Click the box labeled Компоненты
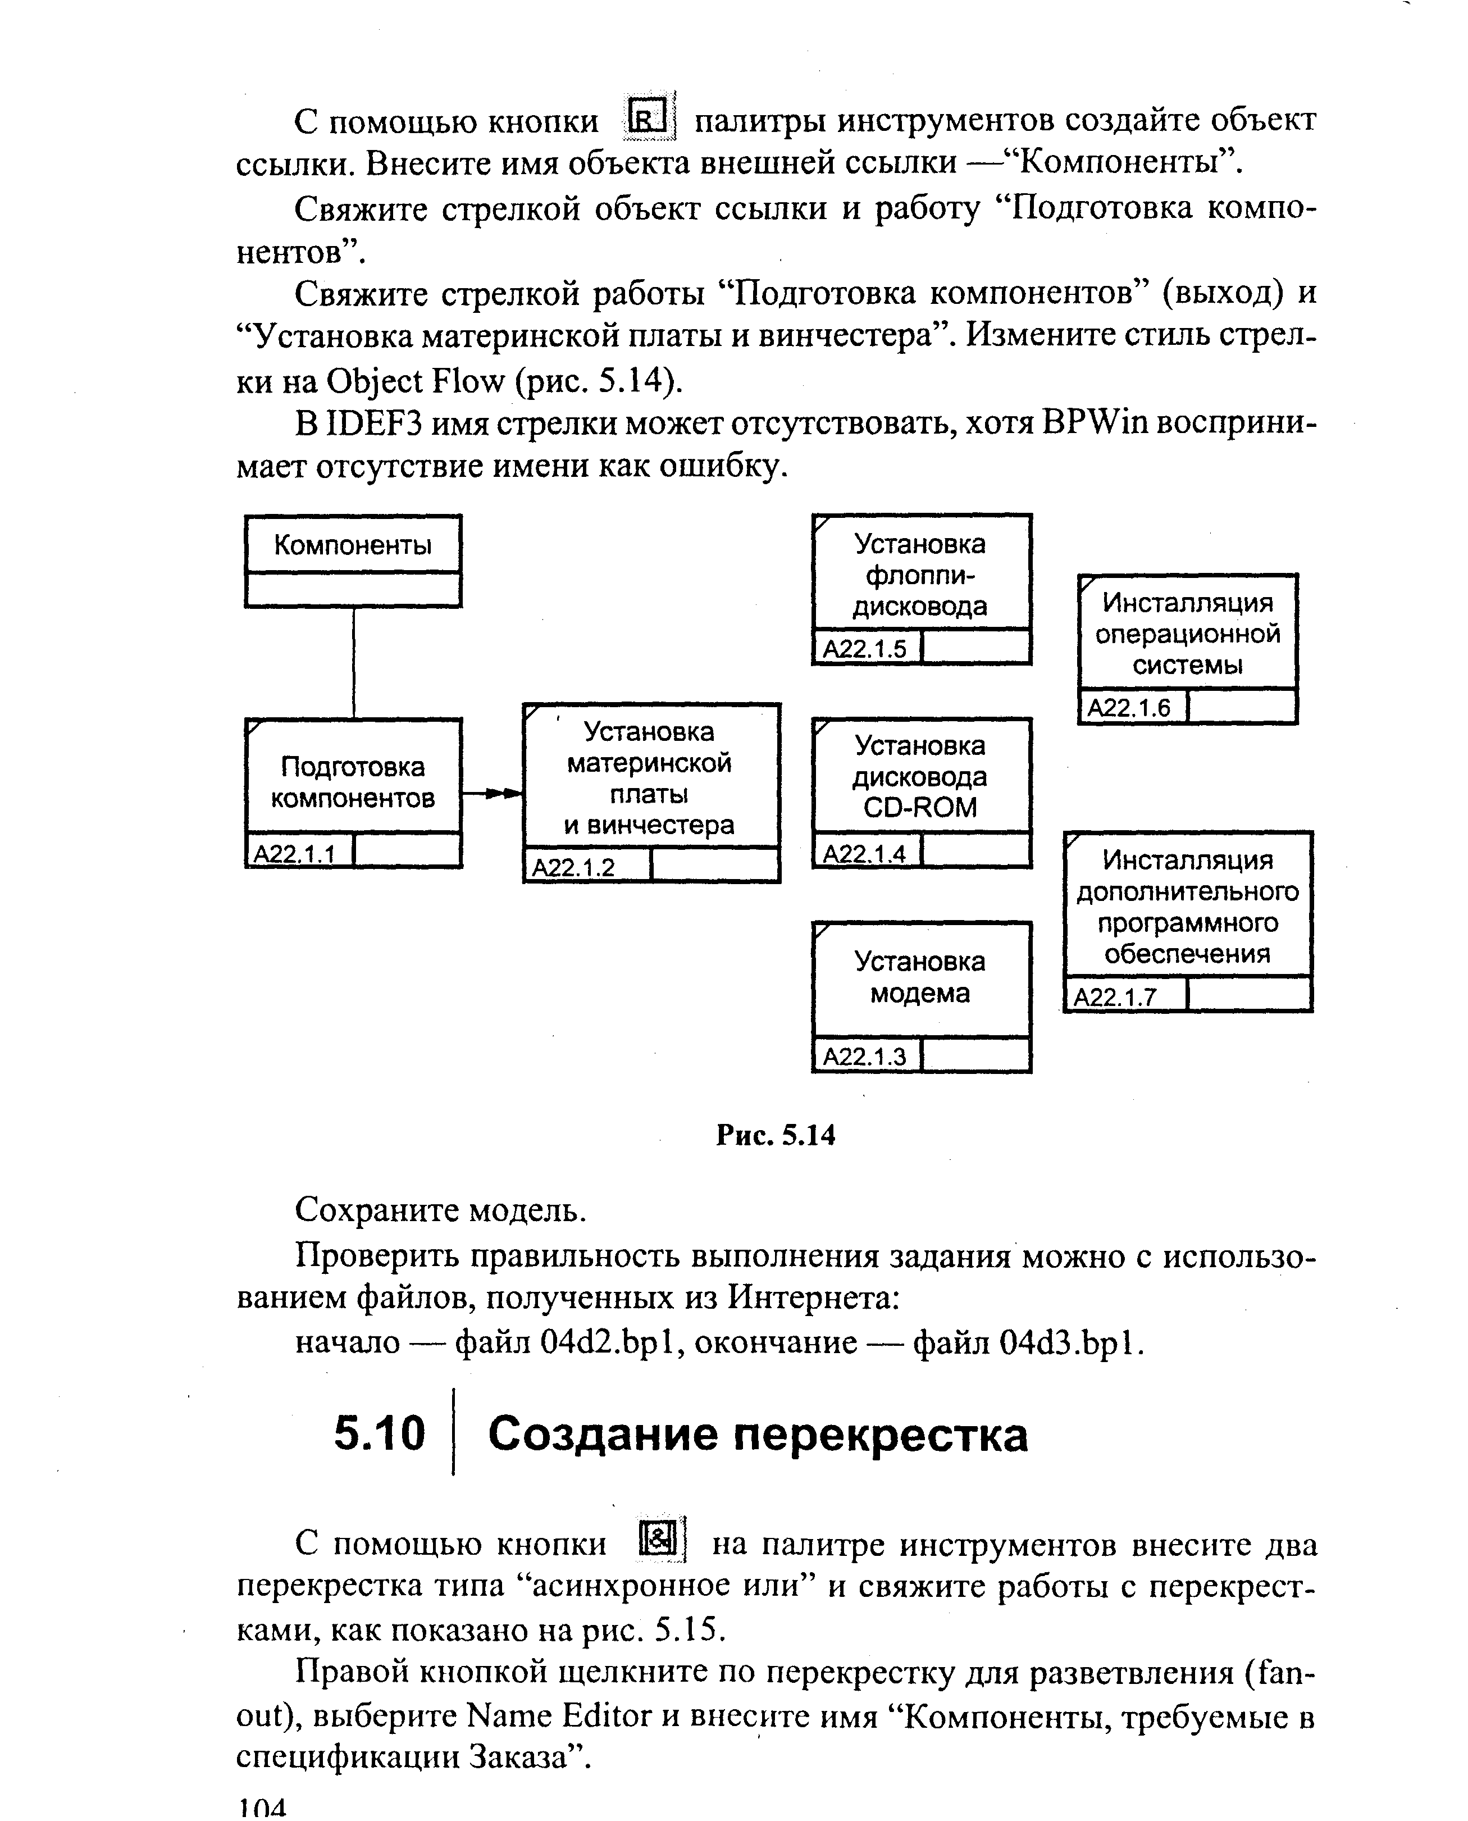(353, 545)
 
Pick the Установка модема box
(921, 978)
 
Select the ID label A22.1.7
(1115, 997)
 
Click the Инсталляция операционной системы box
(1187, 634)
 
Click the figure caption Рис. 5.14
(776, 1135)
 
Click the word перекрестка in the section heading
(879, 1435)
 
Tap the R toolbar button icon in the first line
(649, 117)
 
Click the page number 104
(262, 1808)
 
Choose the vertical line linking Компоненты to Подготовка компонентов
(353, 662)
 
